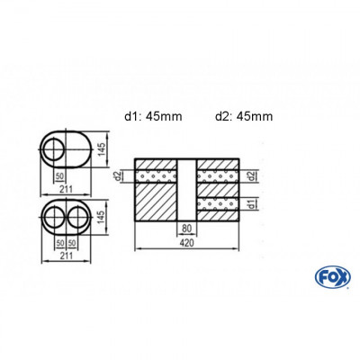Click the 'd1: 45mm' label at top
pos(155,116)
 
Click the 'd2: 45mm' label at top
pos(243,116)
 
